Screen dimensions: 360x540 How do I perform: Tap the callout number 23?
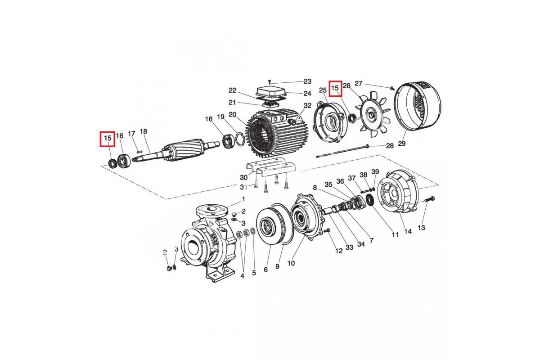(x=307, y=81)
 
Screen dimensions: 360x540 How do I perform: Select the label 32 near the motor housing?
(x=307, y=106)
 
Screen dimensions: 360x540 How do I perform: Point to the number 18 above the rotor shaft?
(x=144, y=132)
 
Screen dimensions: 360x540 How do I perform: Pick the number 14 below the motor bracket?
(x=408, y=232)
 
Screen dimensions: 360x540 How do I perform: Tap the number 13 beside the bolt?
(x=421, y=228)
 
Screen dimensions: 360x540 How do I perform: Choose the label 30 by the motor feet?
(x=243, y=177)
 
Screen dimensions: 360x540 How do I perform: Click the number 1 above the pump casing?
(x=243, y=199)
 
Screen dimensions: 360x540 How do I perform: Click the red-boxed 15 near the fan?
(x=335, y=88)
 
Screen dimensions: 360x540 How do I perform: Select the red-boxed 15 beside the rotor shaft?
(x=108, y=138)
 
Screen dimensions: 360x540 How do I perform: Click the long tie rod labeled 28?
(x=342, y=152)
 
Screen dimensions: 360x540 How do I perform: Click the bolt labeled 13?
(x=428, y=198)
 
